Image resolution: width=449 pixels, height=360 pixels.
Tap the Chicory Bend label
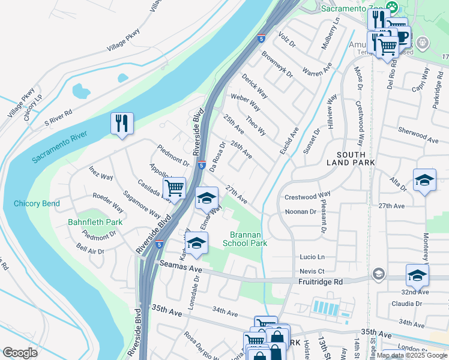tap(37, 204)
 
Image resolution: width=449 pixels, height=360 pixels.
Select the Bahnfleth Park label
tap(95, 223)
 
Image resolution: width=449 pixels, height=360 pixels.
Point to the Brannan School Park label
tap(245, 239)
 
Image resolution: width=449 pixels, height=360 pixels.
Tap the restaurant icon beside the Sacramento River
tap(122, 124)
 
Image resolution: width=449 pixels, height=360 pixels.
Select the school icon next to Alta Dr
tap(424, 180)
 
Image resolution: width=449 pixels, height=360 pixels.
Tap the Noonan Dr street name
tap(300, 212)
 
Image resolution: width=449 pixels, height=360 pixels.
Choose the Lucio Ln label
tap(312, 257)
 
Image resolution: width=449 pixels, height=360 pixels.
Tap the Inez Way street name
tap(101, 173)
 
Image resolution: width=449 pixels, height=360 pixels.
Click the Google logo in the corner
tap(20, 353)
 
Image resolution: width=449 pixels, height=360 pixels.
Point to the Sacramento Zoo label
tap(351, 9)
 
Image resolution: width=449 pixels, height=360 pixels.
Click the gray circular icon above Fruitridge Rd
tap(378, 274)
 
